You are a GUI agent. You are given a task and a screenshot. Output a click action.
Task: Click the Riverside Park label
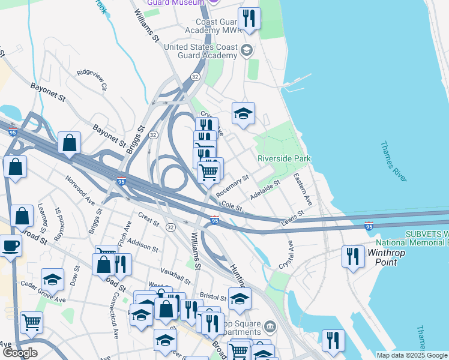(x=284, y=158)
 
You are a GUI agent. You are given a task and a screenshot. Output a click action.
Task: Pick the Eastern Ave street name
(x=303, y=188)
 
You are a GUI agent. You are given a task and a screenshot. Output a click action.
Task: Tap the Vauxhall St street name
(x=175, y=277)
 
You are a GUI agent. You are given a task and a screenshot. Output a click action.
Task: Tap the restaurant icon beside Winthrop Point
(x=353, y=256)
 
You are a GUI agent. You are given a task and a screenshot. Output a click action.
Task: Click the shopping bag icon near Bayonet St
(x=70, y=143)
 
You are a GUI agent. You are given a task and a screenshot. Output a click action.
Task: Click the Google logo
(x=20, y=353)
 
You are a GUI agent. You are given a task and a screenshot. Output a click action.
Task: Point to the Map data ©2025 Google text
(x=412, y=355)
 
